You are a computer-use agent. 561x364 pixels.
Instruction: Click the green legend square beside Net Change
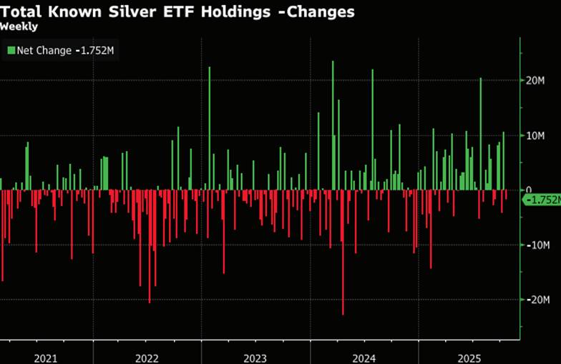coord(11,51)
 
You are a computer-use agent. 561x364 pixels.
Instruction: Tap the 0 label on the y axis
coord(530,190)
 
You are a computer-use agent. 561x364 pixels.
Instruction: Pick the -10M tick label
coord(539,245)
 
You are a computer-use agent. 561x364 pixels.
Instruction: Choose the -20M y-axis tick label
coord(539,300)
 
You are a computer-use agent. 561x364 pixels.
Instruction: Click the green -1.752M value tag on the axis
coord(541,201)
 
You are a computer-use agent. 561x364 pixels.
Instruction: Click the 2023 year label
coord(255,356)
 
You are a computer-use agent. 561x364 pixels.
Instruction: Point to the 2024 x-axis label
coord(364,356)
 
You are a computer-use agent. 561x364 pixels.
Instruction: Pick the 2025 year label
coord(472,356)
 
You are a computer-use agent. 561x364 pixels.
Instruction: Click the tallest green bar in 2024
coord(333,126)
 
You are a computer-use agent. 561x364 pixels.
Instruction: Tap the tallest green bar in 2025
coord(481,134)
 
